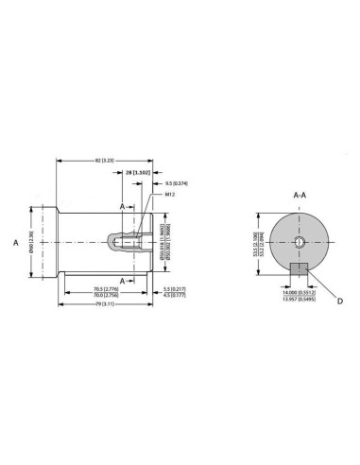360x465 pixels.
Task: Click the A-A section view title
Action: coord(299,195)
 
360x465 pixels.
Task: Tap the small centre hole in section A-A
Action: coord(299,242)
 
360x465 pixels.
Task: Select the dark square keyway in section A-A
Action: coord(299,271)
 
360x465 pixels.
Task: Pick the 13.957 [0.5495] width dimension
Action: coord(298,301)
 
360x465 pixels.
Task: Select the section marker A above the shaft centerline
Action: coord(122,205)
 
